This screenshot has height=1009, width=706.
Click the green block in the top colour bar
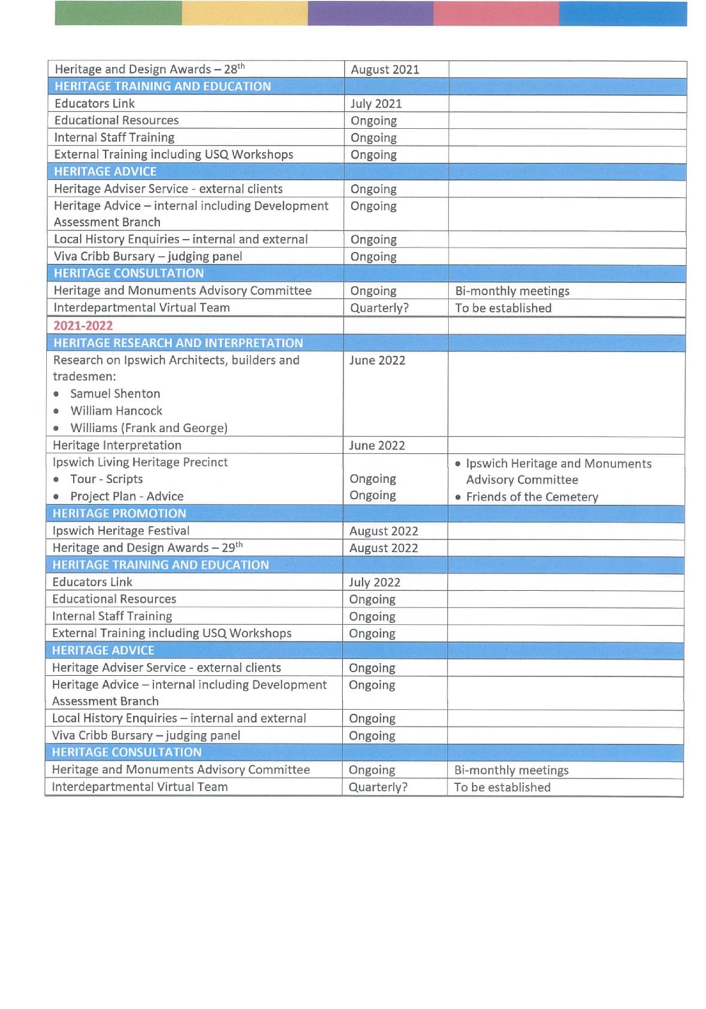pyautogui.click(x=118, y=13)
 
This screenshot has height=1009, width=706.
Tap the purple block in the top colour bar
pyautogui.click(x=371, y=13)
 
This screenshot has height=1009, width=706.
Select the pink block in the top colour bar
pyautogui.click(x=496, y=13)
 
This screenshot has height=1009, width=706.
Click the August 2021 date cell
pyautogui.click(x=385, y=69)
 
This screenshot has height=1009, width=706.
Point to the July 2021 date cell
pyautogui.click(x=376, y=103)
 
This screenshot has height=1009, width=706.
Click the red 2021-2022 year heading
pyautogui.click(x=83, y=326)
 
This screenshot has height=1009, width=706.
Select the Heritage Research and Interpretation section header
pyautogui.click(x=178, y=343)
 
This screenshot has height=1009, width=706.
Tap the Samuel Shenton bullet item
pyautogui.click(x=115, y=394)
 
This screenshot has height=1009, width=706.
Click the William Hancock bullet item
pyautogui.click(x=116, y=411)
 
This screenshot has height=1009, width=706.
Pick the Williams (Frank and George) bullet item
pyautogui.click(x=149, y=428)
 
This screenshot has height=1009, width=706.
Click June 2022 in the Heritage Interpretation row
pyautogui.click(x=377, y=445)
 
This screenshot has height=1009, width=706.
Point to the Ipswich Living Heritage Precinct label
pyautogui.click(x=140, y=462)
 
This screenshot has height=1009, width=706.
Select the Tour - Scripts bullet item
pyautogui.click(x=106, y=479)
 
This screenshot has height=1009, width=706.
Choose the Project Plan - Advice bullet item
pyautogui.click(x=127, y=496)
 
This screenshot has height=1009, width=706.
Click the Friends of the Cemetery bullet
pyautogui.click(x=531, y=497)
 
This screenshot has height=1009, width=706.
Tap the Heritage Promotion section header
pyautogui.click(x=120, y=513)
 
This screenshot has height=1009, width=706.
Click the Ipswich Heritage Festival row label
pyautogui.click(x=121, y=531)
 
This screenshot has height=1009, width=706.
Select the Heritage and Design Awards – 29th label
pyautogui.click(x=147, y=548)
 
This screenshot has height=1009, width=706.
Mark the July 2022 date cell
pyautogui.click(x=375, y=582)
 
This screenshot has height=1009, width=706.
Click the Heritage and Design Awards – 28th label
pyautogui.click(x=149, y=69)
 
